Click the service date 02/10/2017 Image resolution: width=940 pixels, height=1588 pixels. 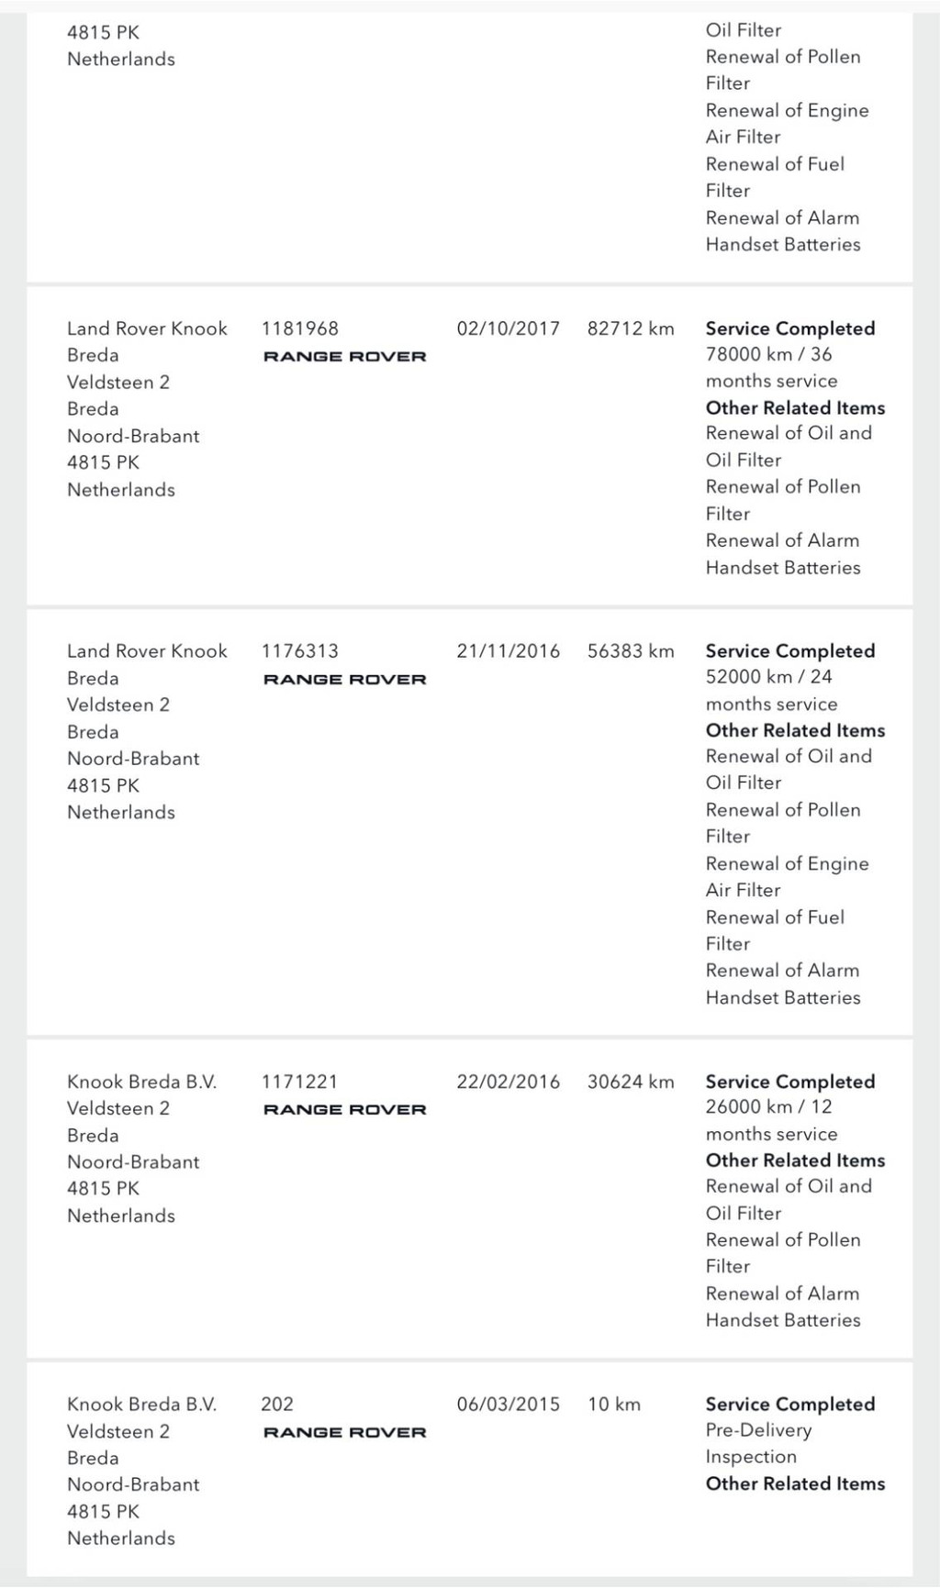click(x=508, y=328)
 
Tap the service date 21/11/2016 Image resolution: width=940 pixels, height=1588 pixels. click(x=508, y=651)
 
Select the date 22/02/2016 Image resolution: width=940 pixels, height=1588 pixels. click(x=508, y=1082)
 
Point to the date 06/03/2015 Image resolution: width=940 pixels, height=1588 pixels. click(x=508, y=1405)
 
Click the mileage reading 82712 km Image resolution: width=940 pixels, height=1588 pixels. click(x=631, y=328)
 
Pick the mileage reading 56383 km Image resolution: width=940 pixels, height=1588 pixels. click(x=631, y=651)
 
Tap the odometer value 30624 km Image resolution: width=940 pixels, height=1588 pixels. click(x=631, y=1082)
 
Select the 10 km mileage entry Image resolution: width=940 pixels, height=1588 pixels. click(x=614, y=1405)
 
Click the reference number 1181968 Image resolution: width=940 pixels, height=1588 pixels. click(x=300, y=328)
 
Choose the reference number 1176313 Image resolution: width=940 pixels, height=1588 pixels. click(x=300, y=651)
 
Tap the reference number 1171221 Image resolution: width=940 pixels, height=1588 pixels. click(x=300, y=1082)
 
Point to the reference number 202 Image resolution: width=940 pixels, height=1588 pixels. click(x=277, y=1405)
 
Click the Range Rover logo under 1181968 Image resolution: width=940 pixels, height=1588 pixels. click(x=345, y=357)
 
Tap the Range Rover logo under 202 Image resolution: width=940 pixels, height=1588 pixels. click(x=345, y=1433)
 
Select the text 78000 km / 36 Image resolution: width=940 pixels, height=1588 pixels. click(x=768, y=354)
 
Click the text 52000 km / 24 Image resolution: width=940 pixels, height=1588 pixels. click(x=768, y=677)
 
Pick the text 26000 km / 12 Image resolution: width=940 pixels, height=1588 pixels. click(x=768, y=1107)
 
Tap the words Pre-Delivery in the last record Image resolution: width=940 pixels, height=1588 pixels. click(x=758, y=1430)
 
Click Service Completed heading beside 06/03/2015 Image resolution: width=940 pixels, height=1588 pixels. click(x=789, y=1405)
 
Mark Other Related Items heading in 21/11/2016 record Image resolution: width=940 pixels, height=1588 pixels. click(x=795, y=731)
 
